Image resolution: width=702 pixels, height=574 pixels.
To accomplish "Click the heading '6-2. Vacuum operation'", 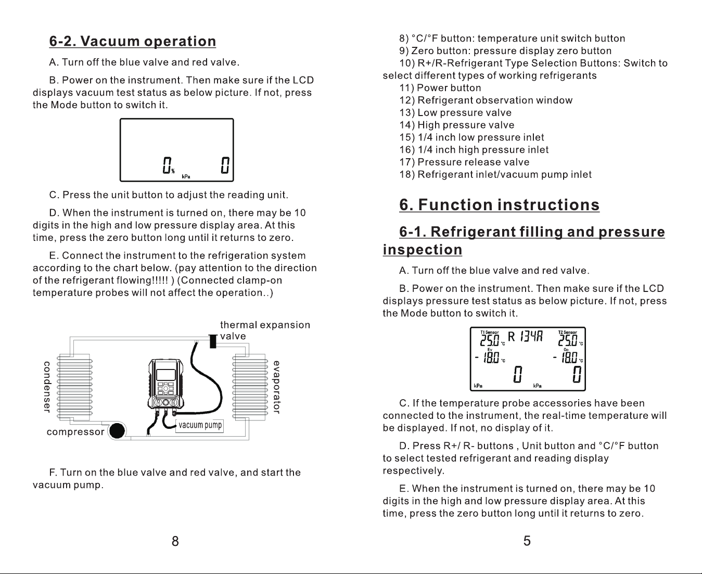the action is (x=133, y=41).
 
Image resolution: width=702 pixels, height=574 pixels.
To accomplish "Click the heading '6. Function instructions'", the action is (x=499, y=205).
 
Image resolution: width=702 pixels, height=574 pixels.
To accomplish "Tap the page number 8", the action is (x=175, y=541).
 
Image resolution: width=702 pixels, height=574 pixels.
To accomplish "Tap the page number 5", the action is (x=527, y=541).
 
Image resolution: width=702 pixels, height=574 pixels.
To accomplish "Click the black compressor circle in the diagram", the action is (x=117, y=431).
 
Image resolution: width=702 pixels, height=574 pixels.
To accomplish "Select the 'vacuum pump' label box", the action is (x=200, y=426).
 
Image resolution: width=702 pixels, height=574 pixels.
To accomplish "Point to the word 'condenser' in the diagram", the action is (x=47, y=387).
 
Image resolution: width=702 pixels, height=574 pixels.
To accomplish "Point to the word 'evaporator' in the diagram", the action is (x=276, y=387).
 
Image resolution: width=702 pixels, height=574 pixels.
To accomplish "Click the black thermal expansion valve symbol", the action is (x=213, y=341).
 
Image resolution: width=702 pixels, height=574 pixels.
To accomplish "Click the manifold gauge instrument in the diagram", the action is (x=166, y=384).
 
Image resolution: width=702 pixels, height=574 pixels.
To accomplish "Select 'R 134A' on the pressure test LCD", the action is (x=525, y=337).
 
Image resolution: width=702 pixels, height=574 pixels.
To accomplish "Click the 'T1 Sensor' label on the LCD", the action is (x=489, y=333).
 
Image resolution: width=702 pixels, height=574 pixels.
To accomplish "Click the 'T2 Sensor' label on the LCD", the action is (x=568, y=333).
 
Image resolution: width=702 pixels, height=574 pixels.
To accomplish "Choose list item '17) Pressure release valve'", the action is (x=464, y=162).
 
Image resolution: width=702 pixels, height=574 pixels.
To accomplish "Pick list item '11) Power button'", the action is (x=440, y=88).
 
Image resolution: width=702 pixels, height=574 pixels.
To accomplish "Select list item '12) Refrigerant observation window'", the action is (x=486, y=100).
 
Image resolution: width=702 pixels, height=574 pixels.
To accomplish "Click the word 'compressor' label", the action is (x=75, y=432).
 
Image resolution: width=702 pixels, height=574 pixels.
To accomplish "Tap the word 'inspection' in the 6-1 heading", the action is (x=423, y=250).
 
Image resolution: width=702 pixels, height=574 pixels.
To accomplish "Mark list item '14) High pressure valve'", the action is (x=457, y=125).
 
